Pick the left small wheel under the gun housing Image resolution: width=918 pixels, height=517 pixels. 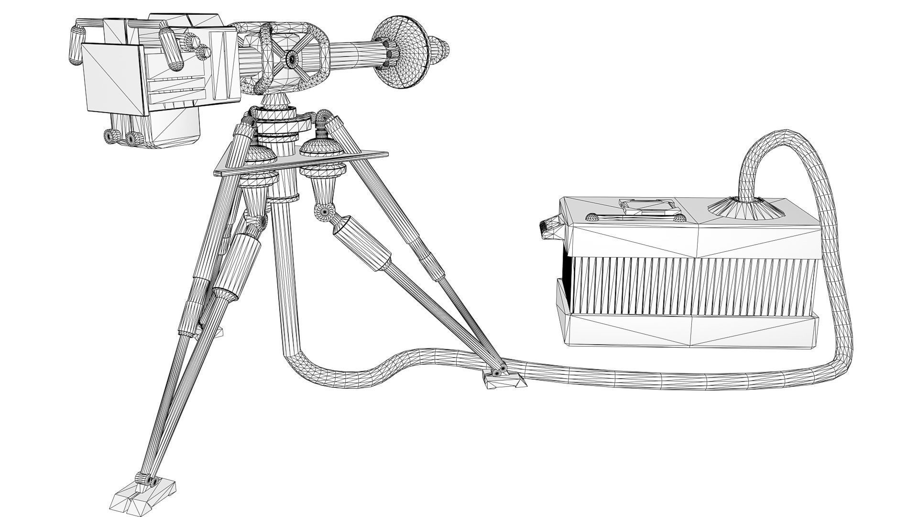pyautogui.click(x=111, y=136)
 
